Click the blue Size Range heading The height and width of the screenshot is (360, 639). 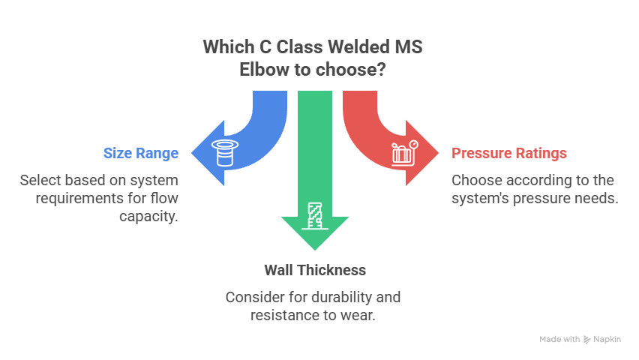tap(140, 154)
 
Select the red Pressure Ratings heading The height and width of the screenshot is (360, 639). tap(509, 154)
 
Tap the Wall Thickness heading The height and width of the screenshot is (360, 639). tap(314, 269)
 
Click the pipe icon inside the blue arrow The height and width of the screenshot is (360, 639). tap(224, 154)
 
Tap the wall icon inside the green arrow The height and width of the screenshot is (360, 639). tap(314, 215)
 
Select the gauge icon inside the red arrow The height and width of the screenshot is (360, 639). tap(405, 153)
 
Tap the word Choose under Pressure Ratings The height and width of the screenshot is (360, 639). tap(474, 181)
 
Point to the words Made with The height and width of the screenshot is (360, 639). tap(559, 340)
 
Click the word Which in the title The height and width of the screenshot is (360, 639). tap(226, 47)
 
